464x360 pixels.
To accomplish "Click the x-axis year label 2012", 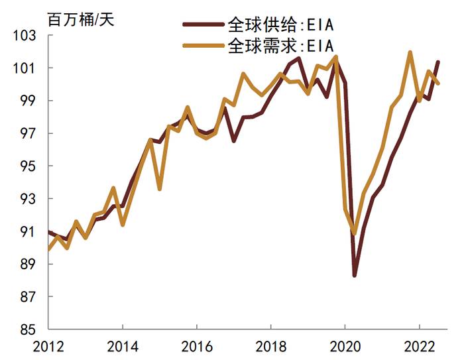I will tap(48, 346).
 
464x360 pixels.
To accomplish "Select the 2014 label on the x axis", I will tap(123, 346).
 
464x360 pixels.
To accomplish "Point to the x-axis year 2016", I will tap(197, 346).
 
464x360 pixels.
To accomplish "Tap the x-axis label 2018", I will tap(270, 346).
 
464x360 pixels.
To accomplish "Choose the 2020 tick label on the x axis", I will tap(345, 346).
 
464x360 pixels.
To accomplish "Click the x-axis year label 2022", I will tap(419, 346).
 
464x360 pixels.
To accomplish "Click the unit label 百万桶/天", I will tap(80, 20).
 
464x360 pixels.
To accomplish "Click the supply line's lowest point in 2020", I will tap(355, 275).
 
